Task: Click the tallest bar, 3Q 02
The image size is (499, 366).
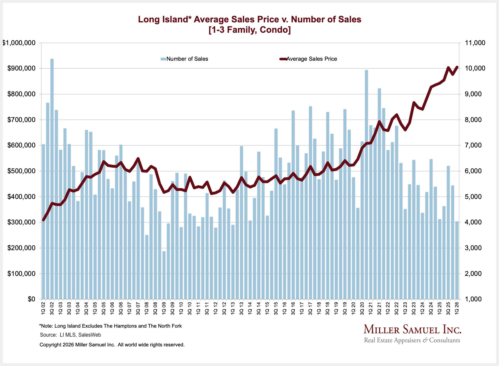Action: tap(52, 179)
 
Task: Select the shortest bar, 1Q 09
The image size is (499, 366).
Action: tap(164, 275)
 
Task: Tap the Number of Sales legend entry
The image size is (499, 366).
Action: tap(184, 59)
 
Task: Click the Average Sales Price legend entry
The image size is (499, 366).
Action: tap(308, 59)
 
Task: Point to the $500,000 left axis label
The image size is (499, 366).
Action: tap(21, 171)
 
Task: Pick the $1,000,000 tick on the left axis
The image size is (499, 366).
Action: tap(19, 43)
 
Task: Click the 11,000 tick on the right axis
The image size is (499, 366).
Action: tap(475, 43)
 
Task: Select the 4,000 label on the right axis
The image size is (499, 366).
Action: tap(473, 222)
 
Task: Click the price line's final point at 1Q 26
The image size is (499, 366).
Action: tap(457, 67)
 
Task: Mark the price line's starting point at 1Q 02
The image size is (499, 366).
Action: tap(43, 220)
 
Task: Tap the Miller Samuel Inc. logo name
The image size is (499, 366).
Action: tap(412, 329)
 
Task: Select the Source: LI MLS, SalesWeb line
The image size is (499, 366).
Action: tap(70, 335)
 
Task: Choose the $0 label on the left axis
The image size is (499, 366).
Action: tap(31, 299)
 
